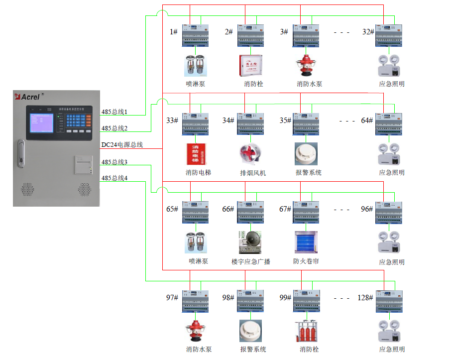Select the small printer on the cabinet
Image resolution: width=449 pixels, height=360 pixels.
coord(83,164)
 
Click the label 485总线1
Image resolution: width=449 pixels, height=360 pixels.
coord(114,112)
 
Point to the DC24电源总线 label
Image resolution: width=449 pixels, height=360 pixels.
coord(122,145)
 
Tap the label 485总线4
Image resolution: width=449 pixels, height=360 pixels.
coord(114,178)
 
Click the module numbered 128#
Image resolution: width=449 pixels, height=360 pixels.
coord(389,301)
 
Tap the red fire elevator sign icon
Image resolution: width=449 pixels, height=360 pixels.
coord(196,153)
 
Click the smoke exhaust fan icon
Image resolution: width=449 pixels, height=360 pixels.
coord(250,154)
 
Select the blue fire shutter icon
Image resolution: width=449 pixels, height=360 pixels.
coord(306,242)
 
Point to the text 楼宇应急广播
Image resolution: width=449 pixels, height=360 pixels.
coord(251,261)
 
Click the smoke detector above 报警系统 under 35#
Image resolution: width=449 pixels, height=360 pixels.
coord(306,153)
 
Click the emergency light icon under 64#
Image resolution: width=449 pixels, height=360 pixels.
coord(389,154)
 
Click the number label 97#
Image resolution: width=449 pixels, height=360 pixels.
coord(172,298)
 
